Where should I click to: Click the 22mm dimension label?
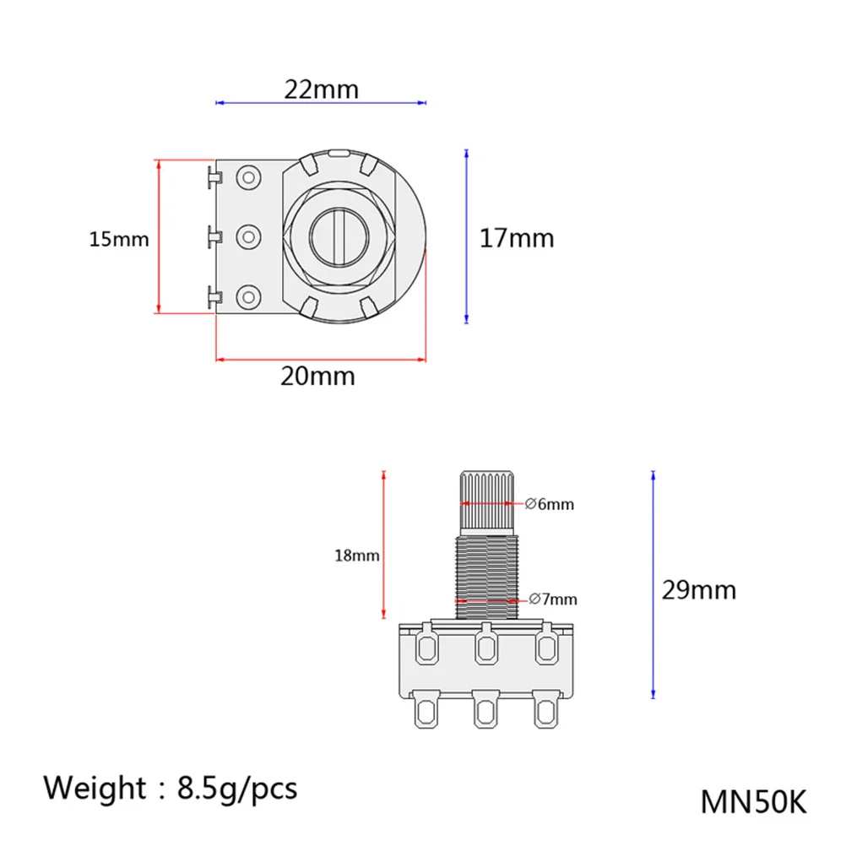(321, 89)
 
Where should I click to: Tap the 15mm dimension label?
(119, 239)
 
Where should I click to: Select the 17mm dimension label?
(517, 238)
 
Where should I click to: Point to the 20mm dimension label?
(317, 376)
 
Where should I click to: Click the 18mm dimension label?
(356, 556)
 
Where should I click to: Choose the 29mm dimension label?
(699, 590)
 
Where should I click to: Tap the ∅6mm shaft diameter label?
(550, 504)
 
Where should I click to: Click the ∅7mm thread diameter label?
(553, 599)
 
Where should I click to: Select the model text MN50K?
(753, 802)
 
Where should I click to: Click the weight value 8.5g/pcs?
(237, 789)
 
